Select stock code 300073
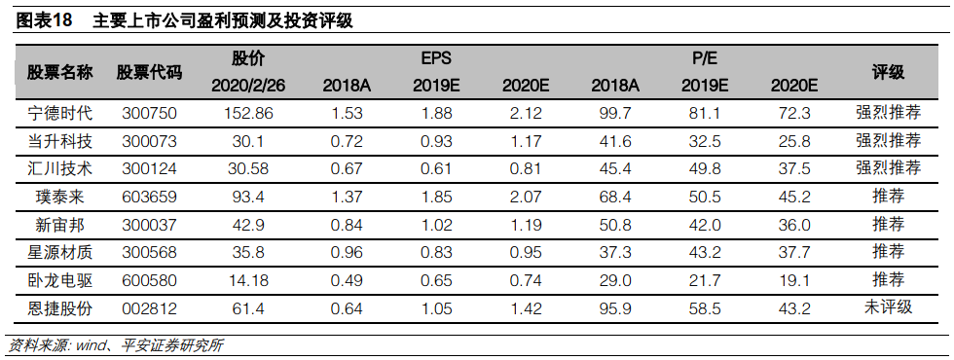click(x=149, y=142)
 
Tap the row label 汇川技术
click(x=60, y=168)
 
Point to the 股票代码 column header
click(x=149, y=73)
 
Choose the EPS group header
click(x=436, y=59)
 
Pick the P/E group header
click(x=705, y=59)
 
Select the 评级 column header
click(x=888, y=73)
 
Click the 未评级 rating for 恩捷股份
click(x=888, y=307)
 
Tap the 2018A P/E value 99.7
click(x=615, y=113)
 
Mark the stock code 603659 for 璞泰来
click(x=149, y=197)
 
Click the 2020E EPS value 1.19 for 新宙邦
click(x=526, y=226)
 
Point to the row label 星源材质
click(x=60, y=251)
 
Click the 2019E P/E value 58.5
click(x=705, y=309)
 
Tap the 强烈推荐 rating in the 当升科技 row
click(x=888, y=140)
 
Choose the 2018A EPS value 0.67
click(x=347, y=169)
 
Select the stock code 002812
click(x=149, y=309)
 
